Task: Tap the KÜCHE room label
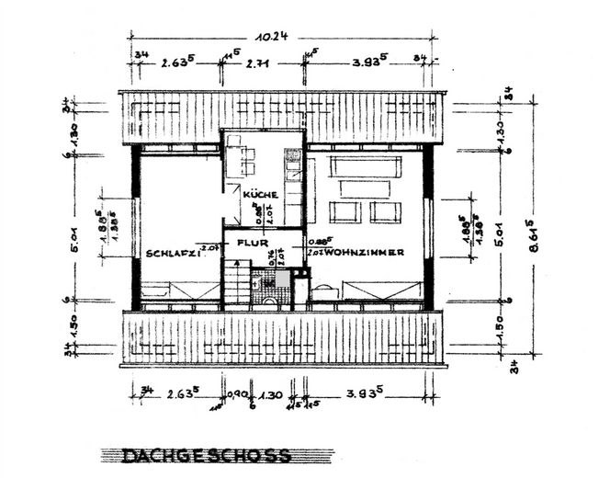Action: coord(261,195)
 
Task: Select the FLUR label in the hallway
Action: coord(253,243)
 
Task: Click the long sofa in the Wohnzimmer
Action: coord(365,166)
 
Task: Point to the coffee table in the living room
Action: coord(365,188)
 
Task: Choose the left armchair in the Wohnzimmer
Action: coord(345,212)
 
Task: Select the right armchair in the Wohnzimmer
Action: coord(386,212)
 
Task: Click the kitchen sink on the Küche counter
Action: coord(293,157)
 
